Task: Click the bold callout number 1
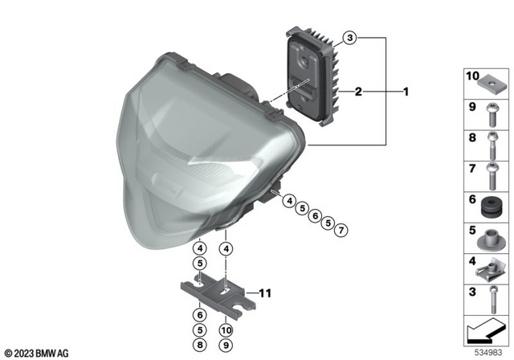point(406,92)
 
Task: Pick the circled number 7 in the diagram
point(341,231)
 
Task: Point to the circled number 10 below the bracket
point(227,330)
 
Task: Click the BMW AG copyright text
point(36,352)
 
